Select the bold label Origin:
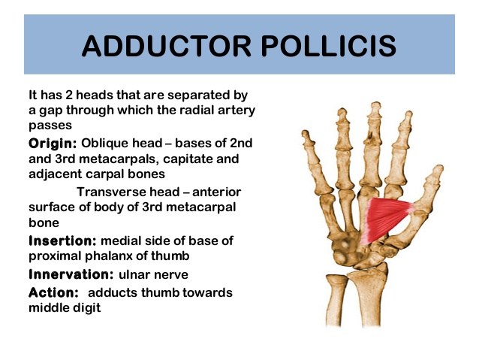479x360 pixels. click(x=53, y=142)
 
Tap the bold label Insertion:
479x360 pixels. click(x=62, y=241)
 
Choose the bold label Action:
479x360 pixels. click(x=54, y=292)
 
